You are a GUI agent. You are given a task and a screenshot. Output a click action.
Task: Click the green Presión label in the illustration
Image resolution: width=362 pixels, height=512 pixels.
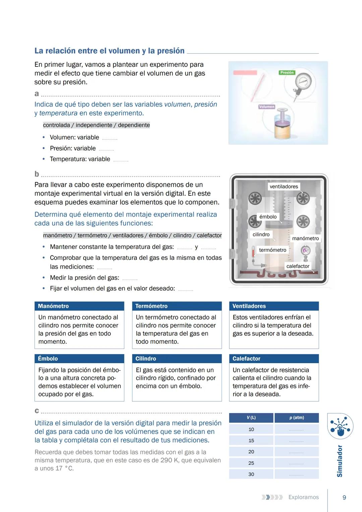[287, 72]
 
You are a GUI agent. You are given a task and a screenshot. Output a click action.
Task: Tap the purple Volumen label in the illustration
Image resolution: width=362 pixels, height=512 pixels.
[266, 107]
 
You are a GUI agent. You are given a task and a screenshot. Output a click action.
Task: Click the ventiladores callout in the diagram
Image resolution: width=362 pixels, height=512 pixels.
[284, 186]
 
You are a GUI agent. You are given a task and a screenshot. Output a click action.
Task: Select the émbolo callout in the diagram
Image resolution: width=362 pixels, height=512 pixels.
[268, 217]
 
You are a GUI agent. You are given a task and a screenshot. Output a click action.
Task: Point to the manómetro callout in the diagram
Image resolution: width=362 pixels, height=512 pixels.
[305, 238]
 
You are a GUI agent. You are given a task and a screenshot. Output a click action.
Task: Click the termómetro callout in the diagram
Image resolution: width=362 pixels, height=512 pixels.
[273, 250]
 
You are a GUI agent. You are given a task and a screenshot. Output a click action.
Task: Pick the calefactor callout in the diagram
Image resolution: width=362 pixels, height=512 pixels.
[298, 266]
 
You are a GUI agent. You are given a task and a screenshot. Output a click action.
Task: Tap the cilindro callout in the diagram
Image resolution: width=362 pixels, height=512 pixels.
[261, 234]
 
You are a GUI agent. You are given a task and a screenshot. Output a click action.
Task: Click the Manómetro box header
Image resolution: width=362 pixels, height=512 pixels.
[79, 306]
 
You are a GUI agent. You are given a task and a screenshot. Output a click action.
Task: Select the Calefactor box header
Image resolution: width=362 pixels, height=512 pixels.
[274, 359]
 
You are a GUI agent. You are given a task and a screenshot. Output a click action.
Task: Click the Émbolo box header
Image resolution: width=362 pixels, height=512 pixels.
[79, 359]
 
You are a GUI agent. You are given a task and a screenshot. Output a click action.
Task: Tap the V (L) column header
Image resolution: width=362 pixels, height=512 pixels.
[251, 418]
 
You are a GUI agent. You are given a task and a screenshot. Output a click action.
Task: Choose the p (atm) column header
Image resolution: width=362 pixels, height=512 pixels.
[297, 418]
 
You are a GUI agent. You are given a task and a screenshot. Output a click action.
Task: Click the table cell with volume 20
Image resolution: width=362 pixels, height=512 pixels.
[251, 452]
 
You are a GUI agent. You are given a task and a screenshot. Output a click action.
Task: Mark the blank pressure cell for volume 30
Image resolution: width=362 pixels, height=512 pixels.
[297, 474]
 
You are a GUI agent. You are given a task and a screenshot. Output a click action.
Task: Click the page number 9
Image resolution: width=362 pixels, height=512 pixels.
[344, 498]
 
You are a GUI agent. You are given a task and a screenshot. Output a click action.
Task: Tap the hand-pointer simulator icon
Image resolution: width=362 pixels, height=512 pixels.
[340, 426]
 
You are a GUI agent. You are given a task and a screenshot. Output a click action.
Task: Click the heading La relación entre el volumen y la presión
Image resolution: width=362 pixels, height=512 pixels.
[109, 51]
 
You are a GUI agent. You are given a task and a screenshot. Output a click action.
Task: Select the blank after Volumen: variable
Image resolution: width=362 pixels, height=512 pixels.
[110, 138]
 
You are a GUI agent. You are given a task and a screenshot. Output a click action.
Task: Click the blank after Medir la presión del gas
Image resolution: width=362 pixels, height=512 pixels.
[130, 278]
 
